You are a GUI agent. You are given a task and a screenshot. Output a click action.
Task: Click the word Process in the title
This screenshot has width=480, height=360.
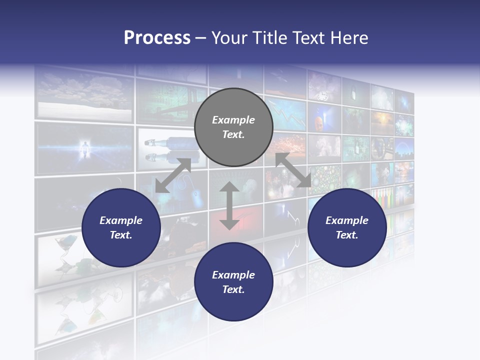pos(157,38)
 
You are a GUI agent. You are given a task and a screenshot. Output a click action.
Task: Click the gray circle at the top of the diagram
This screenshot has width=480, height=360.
pos(233,127)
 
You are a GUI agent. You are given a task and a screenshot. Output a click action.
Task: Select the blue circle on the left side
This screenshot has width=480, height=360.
pos(121,228)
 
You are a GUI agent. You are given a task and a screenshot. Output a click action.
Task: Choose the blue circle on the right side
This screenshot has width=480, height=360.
pos(347,228)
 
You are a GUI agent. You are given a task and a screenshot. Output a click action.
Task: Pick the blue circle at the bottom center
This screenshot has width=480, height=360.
pos(233,281)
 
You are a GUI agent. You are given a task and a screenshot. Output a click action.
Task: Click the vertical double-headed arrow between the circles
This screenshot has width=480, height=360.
pos(229,206)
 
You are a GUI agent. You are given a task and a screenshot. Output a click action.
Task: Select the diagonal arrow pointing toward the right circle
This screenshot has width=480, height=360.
pos(293,170)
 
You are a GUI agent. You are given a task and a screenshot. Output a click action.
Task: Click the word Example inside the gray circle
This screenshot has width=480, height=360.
pos(233,120)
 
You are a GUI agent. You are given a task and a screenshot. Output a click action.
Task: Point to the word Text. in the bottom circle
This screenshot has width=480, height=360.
pos(233,289)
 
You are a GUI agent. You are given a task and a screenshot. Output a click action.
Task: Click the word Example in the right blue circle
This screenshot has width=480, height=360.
pos(347,220)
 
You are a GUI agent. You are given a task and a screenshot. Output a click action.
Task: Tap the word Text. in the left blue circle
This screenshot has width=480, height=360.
pos(121,235)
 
